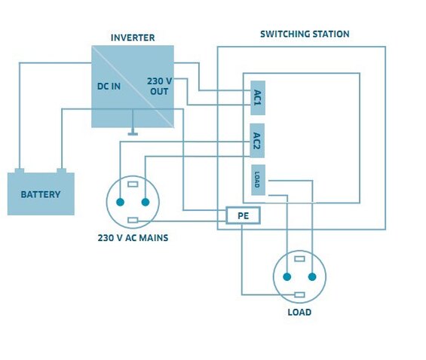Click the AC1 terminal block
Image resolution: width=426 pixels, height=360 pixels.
click(258, 98)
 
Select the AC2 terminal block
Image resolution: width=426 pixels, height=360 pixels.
click(257, 141)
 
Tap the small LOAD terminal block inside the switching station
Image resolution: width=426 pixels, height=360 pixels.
click(258, 180)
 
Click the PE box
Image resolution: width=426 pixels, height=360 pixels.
click(243, 215)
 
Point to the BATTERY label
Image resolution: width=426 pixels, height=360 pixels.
click(41, 194)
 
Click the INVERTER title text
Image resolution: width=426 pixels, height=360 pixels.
click(133, 38)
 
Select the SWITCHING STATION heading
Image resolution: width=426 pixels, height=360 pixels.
click(305, 34)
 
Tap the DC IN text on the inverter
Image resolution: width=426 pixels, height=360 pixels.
click(109, 87)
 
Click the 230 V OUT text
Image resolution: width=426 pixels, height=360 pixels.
click(160, 87)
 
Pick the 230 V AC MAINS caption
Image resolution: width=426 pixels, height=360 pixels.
click(133, 238)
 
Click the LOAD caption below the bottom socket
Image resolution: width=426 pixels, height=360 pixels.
click(299, 313)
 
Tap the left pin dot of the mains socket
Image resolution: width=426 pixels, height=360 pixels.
click(120, 202)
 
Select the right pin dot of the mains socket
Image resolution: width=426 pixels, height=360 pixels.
click(146, 202)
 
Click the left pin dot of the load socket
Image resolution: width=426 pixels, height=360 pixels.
click(287, 277)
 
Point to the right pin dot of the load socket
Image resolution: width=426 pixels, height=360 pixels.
click(312, 277)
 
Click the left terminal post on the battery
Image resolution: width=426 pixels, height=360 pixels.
click(20, 171)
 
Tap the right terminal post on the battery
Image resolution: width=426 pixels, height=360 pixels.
click(61, 171)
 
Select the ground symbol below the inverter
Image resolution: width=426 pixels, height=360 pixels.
click(133, 134)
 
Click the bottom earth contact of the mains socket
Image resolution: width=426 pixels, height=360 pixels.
click(133, 220)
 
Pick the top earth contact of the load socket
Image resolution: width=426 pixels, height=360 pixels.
click(299, 259)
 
